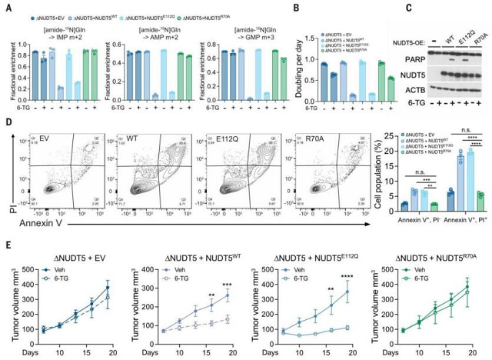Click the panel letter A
(7, 6)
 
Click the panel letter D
(7, 121)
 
